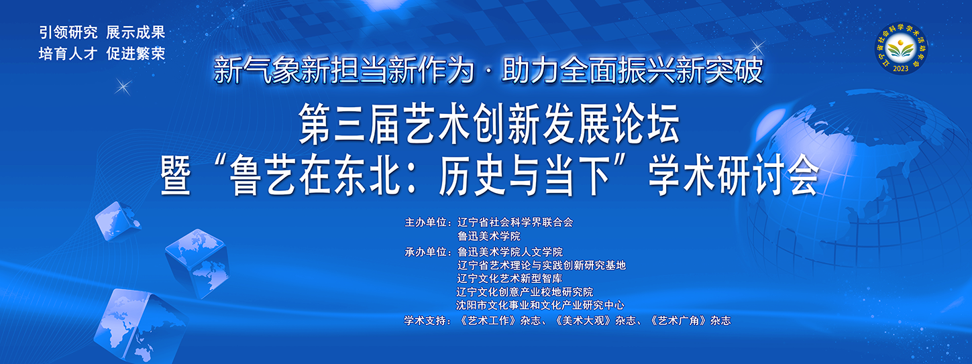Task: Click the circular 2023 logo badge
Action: click(x=901, y=48)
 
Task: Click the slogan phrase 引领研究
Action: click(x=68, y=33)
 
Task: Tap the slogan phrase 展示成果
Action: click(x=136, y=33)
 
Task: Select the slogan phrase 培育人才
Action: click(x=68, y=54)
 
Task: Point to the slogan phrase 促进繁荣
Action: click(x=136, y=54)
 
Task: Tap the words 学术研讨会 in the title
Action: click(x=734, y=175)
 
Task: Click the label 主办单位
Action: click(x=426, y=223)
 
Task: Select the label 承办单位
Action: click(x=426, y=252)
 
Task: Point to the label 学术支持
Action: click(x=425, y=320)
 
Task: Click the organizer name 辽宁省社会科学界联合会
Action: click(x=515, y=223)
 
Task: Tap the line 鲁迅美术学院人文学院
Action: click(x=510, y=252)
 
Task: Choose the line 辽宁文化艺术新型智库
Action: click(x=509, y=278)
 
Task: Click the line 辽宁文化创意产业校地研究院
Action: click(x=525, y=292)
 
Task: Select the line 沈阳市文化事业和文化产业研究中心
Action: click(x=540, y=306)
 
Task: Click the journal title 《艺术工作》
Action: click(x=488, y=320)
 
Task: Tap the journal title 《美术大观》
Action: click(x=584, y=320)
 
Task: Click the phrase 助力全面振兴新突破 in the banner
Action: click(x=632, y=70)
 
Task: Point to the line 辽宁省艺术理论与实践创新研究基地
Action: click(x=541, y=265)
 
